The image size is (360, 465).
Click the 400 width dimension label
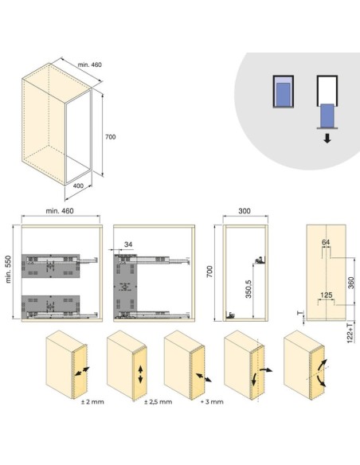pyautogui.click(x=78, y=186)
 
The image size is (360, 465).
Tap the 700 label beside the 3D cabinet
pyautogui.click(x=111, y=137)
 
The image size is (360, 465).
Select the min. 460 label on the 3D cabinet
pyautogui.click(x=89, y=64)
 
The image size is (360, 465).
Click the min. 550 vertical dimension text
pyautogui.click(x=8, y=269)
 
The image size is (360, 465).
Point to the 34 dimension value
pyautogui.click(x=128, y=244)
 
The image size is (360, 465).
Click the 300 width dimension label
pyautogui.click(x=245, y=211)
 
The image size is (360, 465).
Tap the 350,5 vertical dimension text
pyautogui.click(x=248, y=289)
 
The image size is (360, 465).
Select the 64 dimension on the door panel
pyautogui.click(x=326, y=242)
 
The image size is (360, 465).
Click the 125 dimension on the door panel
pyautogui.click(x=327, y=295)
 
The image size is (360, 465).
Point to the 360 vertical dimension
pyautogui.click(x=350, y=283)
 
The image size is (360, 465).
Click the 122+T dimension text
pyautogui.click(x=350, y=334)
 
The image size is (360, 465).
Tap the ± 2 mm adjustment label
pyautogui.click(x=92, y=402)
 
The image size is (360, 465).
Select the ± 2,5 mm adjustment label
pyautogui.click(x=158, y=402)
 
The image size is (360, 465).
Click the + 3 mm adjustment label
pyautogui.click(x=212, y=402)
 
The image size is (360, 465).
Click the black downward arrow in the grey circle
pyautogui.click(x=327, y=139)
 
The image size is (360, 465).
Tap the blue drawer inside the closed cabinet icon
pyautogui.click(x=284, y=95)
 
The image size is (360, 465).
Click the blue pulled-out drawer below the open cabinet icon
pyautogui.click(x=327, y=115)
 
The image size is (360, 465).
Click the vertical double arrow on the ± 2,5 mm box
pyautogui.click(x=140, y=374)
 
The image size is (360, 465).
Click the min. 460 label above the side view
pyautogui.click(x=60, y=211)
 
